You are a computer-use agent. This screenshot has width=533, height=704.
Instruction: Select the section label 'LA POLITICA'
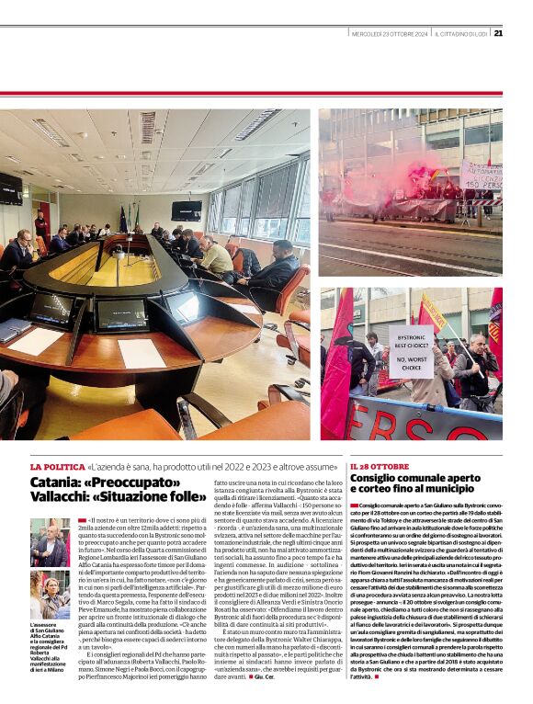57,467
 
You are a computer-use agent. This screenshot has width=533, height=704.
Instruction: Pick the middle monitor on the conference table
122,315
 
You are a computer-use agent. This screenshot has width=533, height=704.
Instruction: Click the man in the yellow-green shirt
217,257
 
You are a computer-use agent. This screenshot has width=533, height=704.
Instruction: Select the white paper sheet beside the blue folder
38,341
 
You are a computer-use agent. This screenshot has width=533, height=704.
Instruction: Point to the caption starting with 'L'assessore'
49,648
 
